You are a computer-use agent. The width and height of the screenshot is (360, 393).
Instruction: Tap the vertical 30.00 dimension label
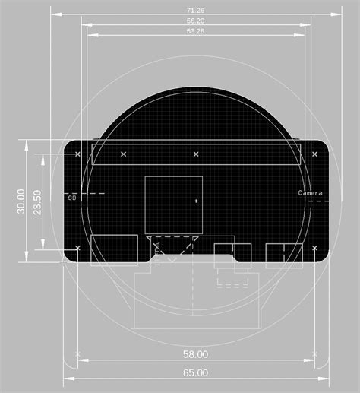[x=21, y=201]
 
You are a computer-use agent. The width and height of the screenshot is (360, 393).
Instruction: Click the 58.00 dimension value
[x=195, y=354]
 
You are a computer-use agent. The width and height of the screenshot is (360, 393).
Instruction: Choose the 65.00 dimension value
[x=195, y=372]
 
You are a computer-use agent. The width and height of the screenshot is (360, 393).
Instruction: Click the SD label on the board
[x=72, y=198]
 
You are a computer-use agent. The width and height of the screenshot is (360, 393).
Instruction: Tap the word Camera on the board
[x=310, y=193]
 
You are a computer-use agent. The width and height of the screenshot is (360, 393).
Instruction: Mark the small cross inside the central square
[x=196, y=201]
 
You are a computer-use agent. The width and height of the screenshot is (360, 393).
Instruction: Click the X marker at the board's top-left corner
[x=78, y=154]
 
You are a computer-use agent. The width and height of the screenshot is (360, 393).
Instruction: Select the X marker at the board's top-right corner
[x=314, y=154]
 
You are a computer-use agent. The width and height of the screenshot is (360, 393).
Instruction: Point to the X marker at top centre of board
[x=196, y=154]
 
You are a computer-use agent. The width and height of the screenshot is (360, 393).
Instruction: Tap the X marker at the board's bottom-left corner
[x=78, y=248]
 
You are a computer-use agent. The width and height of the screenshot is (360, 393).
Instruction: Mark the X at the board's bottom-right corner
[x=314, y=248]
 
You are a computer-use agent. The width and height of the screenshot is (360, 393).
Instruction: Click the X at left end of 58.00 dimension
[x=78, y=354]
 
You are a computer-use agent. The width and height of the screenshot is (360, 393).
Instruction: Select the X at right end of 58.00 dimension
[x=314, y=354]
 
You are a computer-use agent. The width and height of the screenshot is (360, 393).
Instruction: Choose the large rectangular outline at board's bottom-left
[x=114, y=249]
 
